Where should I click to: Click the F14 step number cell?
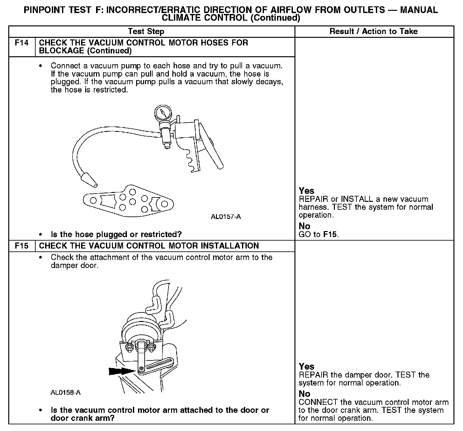coord(22,43)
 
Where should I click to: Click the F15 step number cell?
coord(22,246)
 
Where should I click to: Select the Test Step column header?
coord(146,31)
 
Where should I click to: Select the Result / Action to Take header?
coord(374,31)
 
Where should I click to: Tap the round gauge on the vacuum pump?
coord(162,113)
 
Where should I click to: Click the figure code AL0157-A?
coord(226,217)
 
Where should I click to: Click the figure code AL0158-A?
coord(66,393)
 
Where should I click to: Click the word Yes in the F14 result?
coord(307,191)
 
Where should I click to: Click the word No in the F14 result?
coord(304,226)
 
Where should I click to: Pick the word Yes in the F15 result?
coord(307,367)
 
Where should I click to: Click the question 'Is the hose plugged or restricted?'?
coord(116,235)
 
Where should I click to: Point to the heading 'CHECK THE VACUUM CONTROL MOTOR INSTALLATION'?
coord(149,246)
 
